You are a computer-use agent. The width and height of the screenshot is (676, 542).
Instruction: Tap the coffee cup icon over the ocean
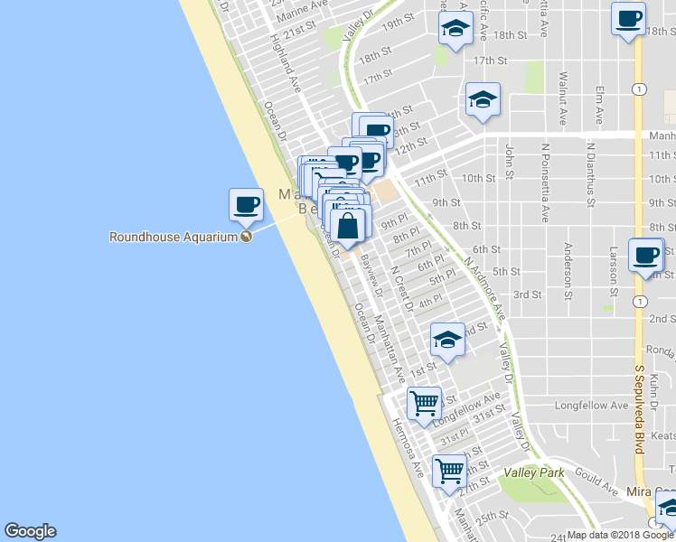[x=246, y=205]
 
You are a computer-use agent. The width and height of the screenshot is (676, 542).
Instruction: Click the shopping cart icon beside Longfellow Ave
[x=423, y=403]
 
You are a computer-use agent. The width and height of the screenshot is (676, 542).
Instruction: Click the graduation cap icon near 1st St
[x=446, y=341]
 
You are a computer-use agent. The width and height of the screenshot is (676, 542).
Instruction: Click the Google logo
[x=30, y=531]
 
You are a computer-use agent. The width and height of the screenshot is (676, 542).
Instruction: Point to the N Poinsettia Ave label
[x=545, y=182]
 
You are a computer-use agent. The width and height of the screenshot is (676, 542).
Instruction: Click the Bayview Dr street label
[x=371, y=277]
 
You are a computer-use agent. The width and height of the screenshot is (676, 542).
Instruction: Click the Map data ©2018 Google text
[x=620, y=535]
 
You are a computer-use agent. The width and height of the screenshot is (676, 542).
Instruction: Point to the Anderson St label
[x=568, y=270]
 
